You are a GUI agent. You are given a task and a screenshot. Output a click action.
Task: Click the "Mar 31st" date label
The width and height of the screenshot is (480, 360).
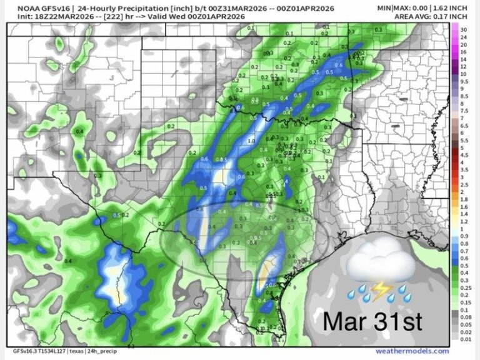click(372, 322)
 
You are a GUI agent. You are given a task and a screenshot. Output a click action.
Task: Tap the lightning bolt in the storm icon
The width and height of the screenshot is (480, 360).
click(379, 289)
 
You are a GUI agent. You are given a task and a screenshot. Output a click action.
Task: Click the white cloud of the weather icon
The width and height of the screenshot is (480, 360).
click(381, 263)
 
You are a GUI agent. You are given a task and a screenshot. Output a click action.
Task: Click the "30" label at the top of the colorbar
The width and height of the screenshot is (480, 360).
click(463, 30)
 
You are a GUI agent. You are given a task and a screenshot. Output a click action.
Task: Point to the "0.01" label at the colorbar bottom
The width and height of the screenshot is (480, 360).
click(464, 340)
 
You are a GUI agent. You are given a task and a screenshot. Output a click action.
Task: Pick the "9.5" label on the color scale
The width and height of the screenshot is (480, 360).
click(464, 81)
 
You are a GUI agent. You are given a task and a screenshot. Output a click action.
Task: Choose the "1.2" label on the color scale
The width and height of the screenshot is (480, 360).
click(464, 221)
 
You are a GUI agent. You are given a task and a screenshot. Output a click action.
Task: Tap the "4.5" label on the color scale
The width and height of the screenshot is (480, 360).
click(464, 162)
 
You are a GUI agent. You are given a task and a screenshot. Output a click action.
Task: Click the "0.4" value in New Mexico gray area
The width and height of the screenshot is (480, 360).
click(79, 132)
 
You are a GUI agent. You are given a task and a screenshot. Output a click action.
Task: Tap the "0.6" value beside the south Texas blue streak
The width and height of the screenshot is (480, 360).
click(271, 285)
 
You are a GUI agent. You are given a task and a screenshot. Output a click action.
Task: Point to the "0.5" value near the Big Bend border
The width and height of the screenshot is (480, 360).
click(116, 215)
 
